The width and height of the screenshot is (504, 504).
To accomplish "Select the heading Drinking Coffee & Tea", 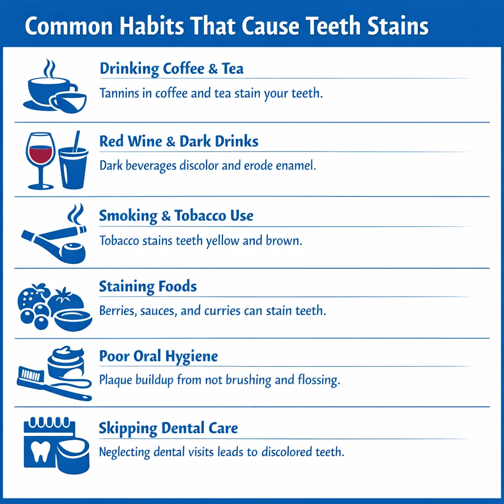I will (x=171, y=68).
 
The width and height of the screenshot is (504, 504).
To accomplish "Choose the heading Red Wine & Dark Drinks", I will (x=179, y=142).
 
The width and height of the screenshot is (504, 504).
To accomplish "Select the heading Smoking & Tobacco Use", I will (x=176, y=216).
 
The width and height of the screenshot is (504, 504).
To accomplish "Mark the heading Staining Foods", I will (x=148, y=286).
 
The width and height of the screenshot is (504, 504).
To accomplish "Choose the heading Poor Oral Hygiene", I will (x=158, y=356).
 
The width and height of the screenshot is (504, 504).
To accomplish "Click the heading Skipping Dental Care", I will (x=168, y=428).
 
